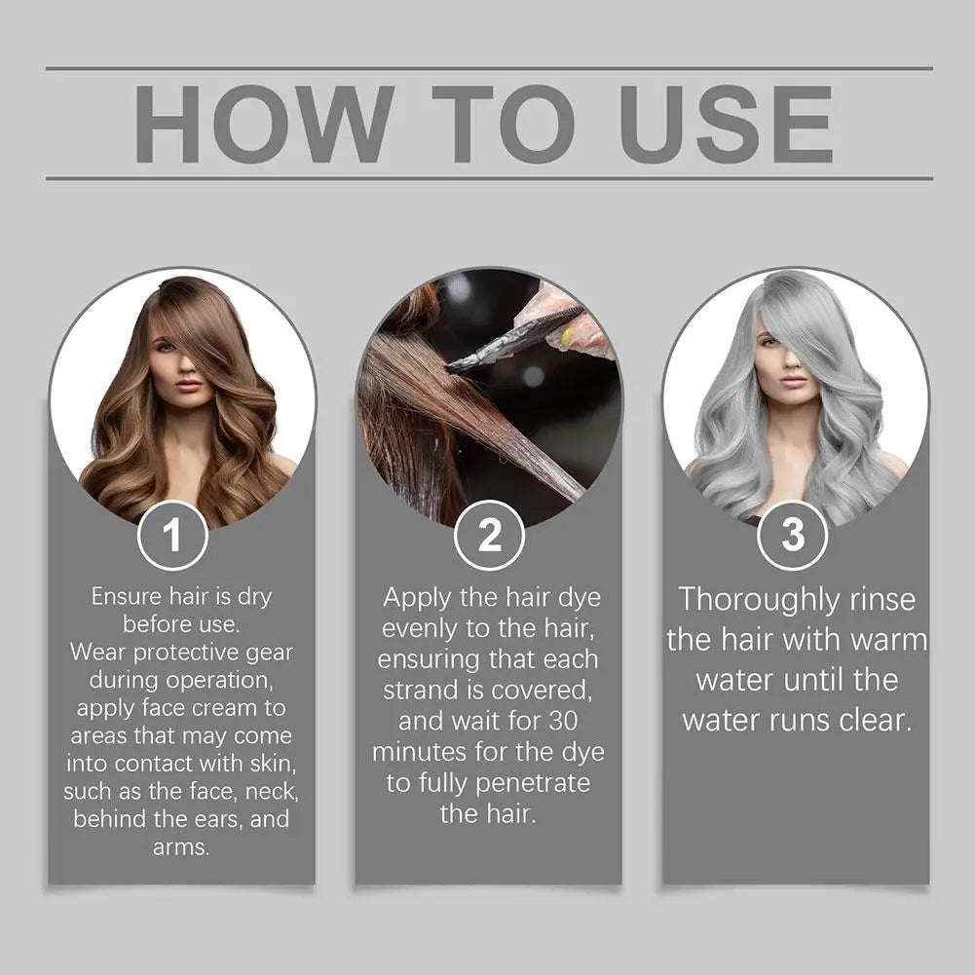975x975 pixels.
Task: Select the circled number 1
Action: [172, 535]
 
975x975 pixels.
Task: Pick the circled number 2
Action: [489, 535]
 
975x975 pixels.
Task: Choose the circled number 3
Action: [793, 535]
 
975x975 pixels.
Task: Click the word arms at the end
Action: [181, 846]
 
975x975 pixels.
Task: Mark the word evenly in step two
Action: [416, 629]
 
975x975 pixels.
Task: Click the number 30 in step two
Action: [577, 721]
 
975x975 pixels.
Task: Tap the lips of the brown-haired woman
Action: [188, 385]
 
